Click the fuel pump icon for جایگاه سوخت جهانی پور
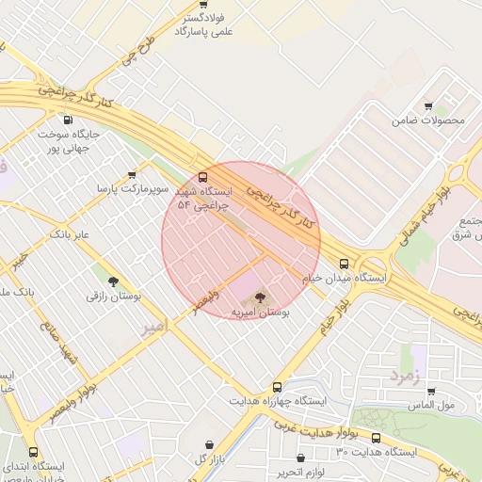(67, 120)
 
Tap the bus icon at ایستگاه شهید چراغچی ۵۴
(204, 176)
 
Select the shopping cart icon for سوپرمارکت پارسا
(132, 174)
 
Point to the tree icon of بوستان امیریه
(261, 298)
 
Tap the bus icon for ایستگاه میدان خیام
(344, 265)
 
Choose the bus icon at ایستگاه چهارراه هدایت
(277, 386)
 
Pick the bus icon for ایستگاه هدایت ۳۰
(377, 438)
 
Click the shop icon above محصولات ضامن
(429, 105)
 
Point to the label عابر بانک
(70, 233)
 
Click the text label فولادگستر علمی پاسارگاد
(203, 24)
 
